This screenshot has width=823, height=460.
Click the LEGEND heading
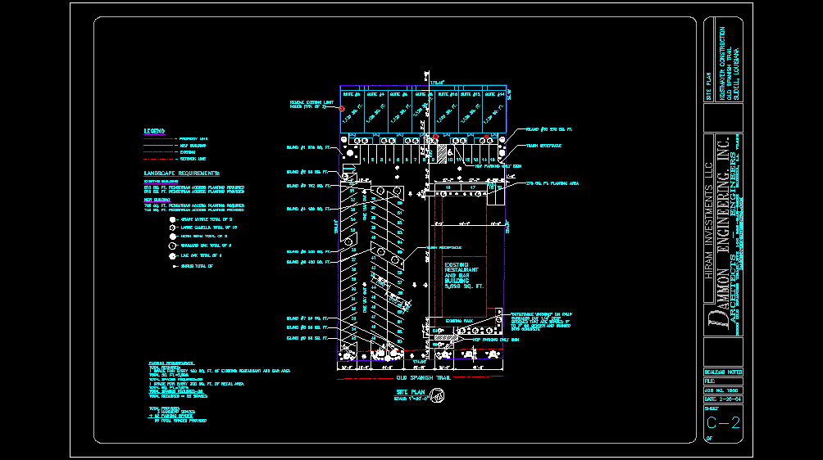click(154, 131)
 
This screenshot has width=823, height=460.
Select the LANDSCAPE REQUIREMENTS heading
click(182, 174)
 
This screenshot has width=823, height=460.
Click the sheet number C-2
click(723, 422)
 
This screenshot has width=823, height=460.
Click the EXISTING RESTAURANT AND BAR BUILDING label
click(464, 277)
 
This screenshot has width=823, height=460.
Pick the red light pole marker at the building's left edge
click(343, 108)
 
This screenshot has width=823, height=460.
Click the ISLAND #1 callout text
click(307, 148)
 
